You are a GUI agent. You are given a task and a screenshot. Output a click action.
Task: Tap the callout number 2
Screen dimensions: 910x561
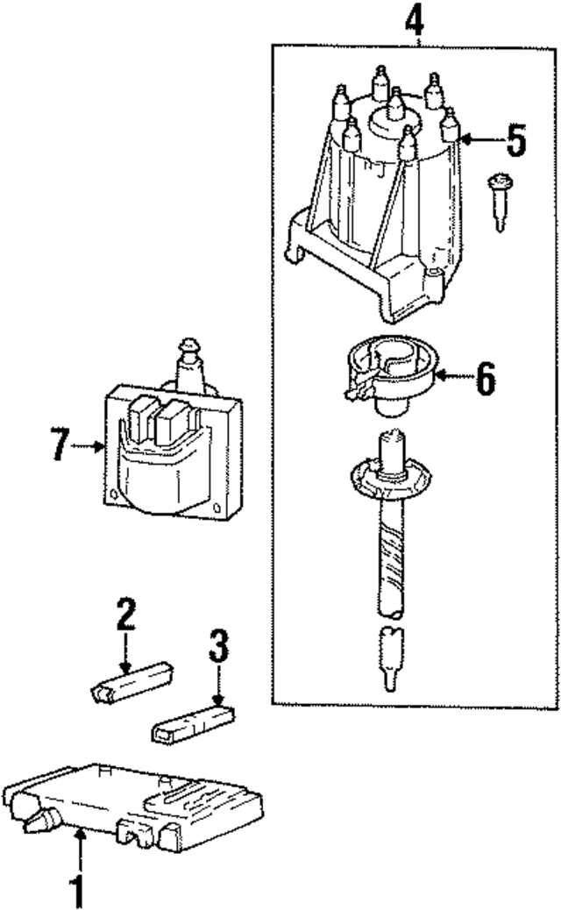click(126, 615)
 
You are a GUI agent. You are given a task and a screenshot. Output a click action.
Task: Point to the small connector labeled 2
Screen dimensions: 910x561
click(131, 685)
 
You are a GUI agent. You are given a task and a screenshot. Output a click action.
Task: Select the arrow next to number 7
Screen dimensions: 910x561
click(89, 446)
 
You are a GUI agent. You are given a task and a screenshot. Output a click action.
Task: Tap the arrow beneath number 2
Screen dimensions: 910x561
click(126, 653)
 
